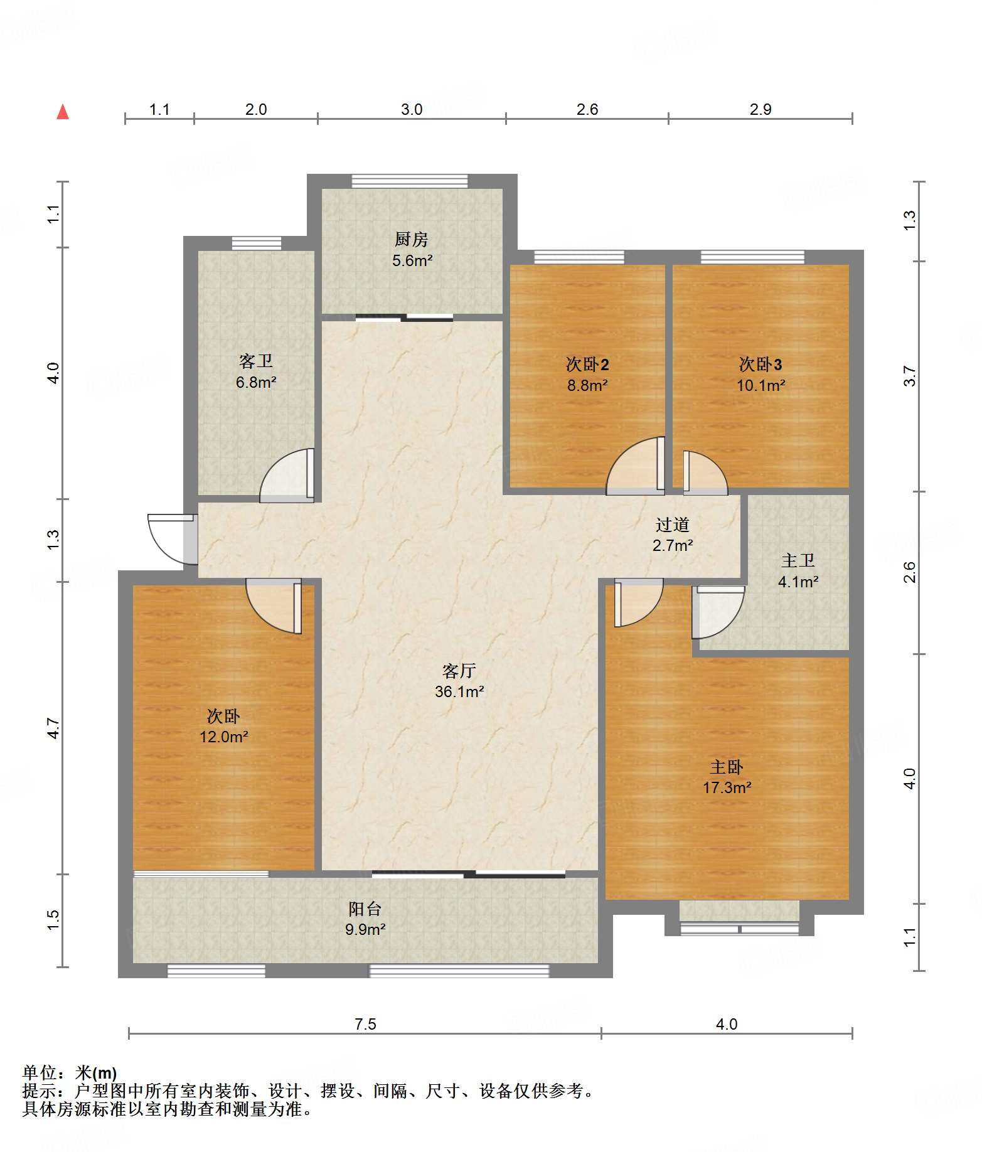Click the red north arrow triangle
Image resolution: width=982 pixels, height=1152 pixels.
click(x=63, y=112)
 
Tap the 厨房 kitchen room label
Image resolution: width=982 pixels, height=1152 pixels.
click(x=412, y=239)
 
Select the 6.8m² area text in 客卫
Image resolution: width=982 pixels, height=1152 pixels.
click(x=256, y=382)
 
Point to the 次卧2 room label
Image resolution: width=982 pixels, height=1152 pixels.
click(x=587, y=365)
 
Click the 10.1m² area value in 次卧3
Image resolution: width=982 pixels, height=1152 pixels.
click(x=761, y=385)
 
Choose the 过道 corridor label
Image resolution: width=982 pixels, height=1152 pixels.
click(x=673, y=525)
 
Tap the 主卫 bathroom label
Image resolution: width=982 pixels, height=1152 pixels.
click(x=798, y=560)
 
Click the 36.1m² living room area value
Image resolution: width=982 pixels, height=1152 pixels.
click(x=459, y=691)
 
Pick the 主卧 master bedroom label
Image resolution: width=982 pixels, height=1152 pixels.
click(x=727, y=767)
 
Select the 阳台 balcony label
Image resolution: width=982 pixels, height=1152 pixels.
click(x=365, y=909)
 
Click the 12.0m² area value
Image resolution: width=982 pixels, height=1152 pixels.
click(x=224, y=737)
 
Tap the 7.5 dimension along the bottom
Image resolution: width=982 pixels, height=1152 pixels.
click(x=365, y=1025)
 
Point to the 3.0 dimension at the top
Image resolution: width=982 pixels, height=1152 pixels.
click(x=412, y=110)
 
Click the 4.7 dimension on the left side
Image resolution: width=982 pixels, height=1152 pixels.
click(x=54, y=728)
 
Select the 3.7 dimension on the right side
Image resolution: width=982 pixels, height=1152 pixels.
click(x=910, y=376)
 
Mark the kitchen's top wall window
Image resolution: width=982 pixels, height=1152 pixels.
click(x=410, y=181)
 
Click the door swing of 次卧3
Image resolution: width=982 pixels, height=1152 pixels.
click(x=705, y=472)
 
